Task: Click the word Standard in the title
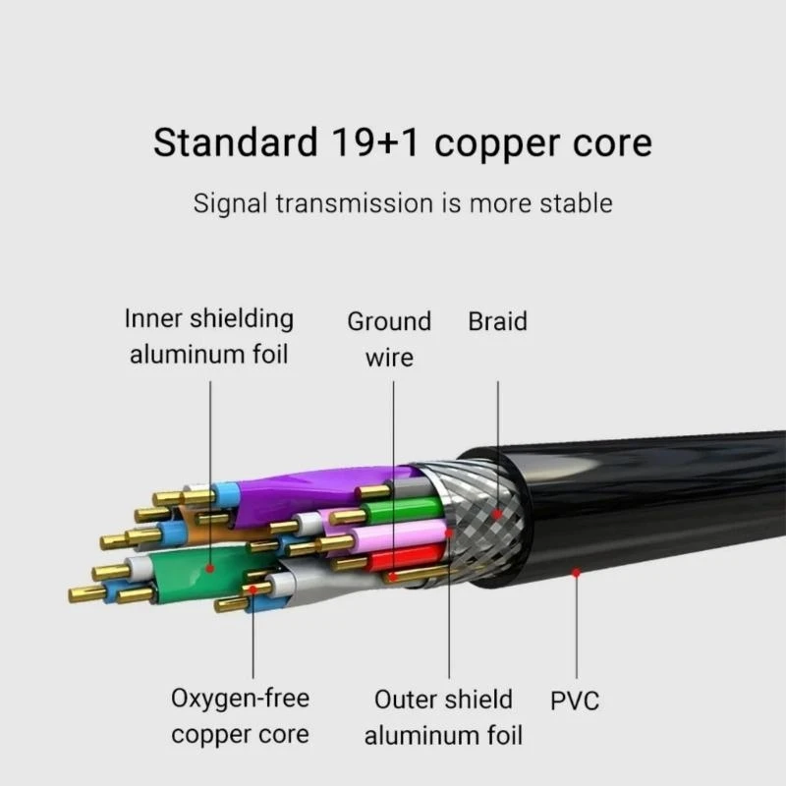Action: pos(232,143)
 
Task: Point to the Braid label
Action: pos(497,321)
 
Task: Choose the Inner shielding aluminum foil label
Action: pos(209,336)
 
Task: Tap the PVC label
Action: pos(575,701)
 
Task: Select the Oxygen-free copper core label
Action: pos(241,716)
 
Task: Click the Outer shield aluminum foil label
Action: pos(443,716)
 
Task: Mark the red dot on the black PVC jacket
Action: pos(576,572)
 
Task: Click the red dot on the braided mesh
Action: pos(498,513)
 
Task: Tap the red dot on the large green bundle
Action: pos(210,568)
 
